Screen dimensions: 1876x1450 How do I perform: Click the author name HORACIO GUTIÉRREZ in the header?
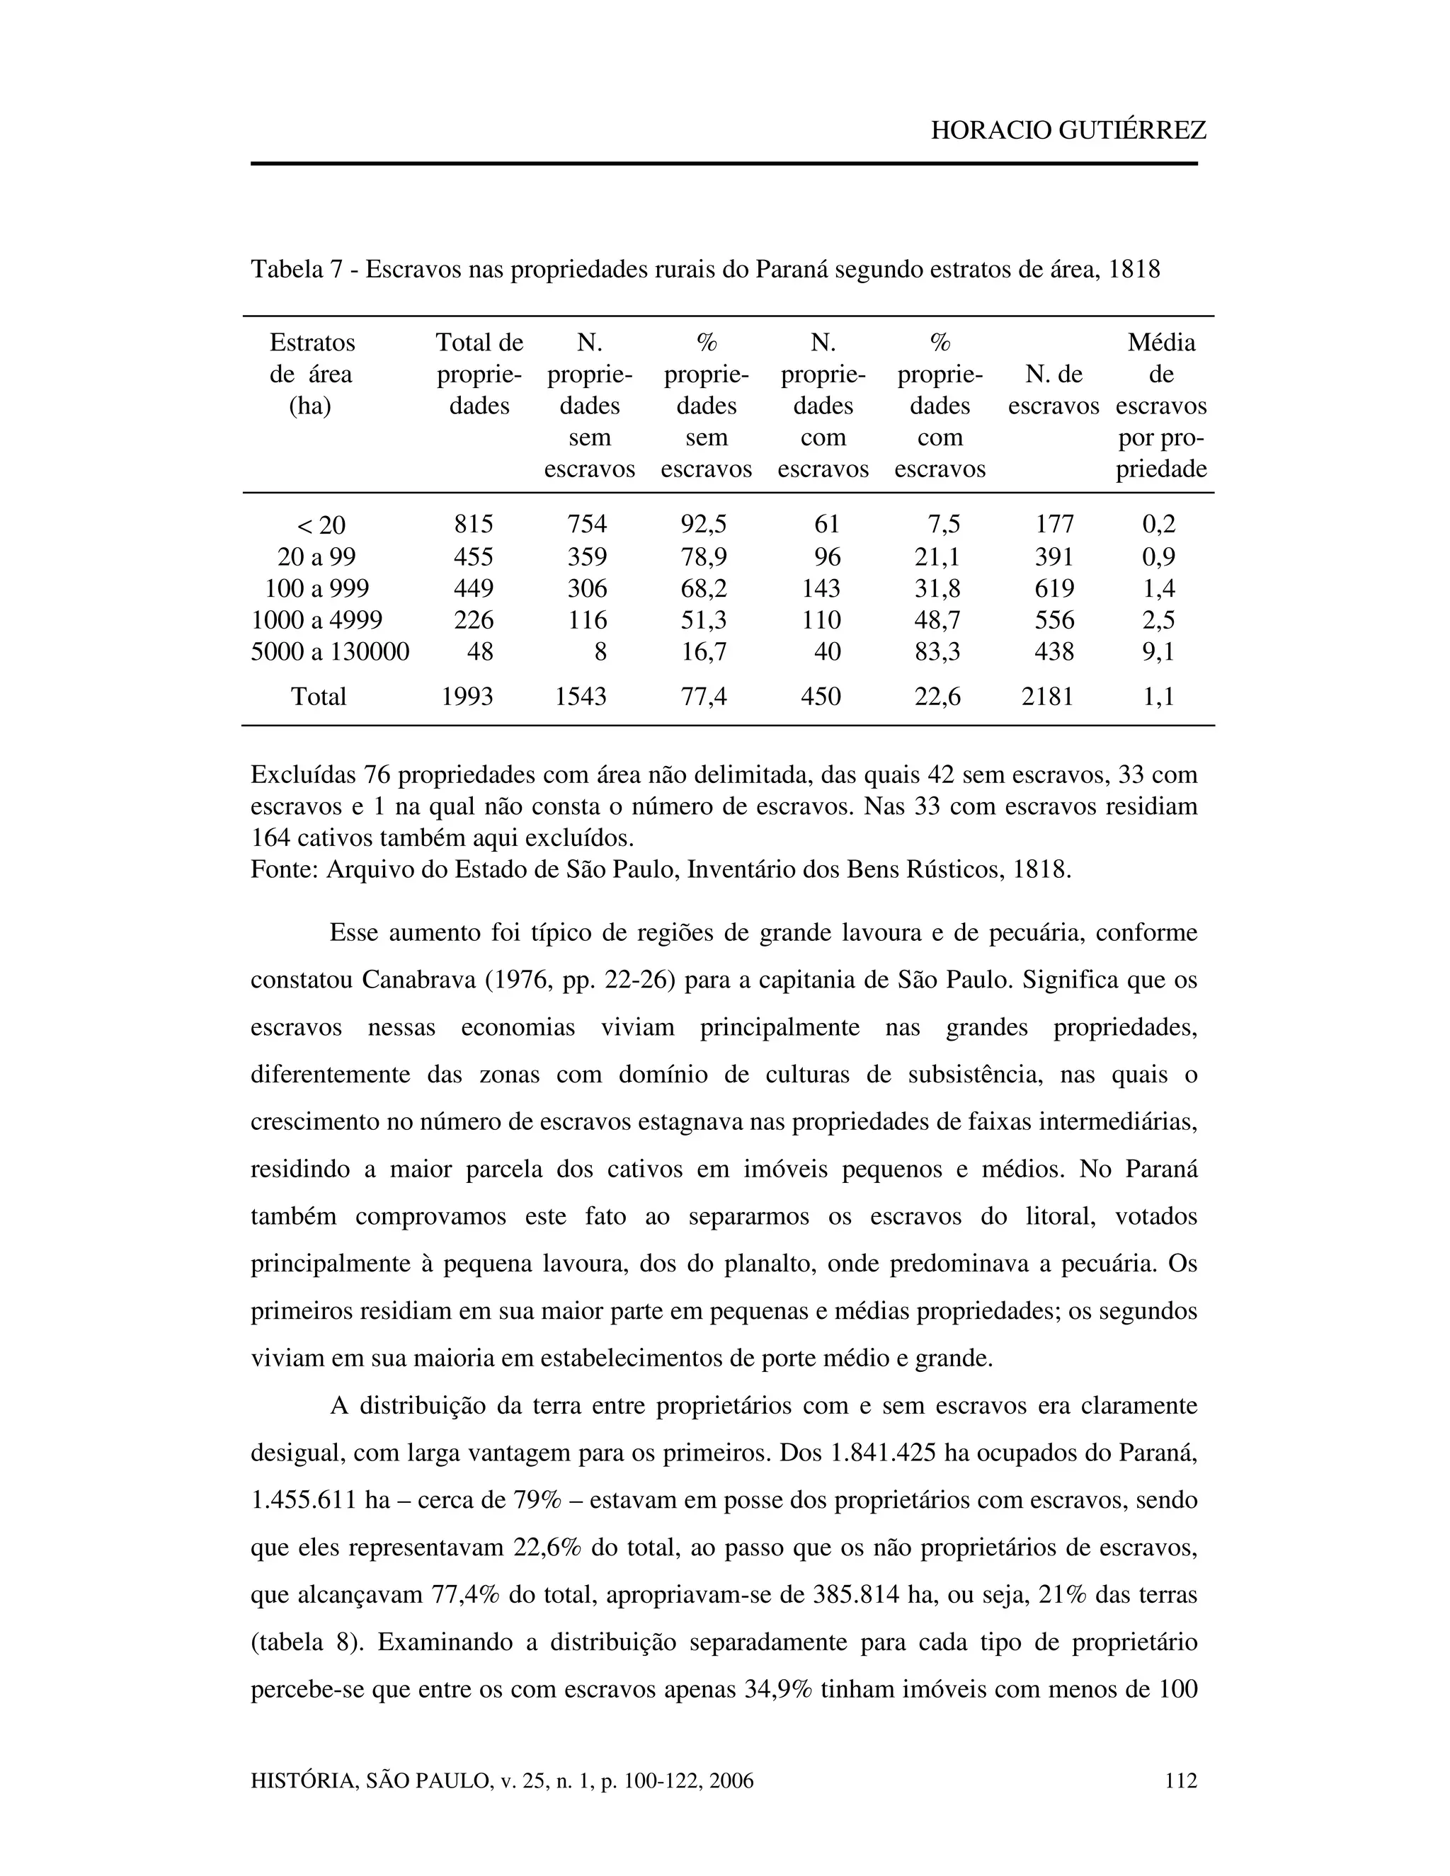pos(1068,130)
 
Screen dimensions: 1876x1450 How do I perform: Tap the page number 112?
pos(1180,1782)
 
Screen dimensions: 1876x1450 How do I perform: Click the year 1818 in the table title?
pos(1134,270)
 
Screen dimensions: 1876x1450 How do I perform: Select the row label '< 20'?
pos(319,525)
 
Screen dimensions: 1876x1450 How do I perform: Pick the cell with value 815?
pos(474,524)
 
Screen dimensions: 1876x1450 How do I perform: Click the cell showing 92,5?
pos(704,524)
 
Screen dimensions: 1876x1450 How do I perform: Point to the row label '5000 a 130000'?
pos(330,651)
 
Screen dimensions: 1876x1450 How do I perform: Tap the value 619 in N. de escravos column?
pos(1054,588)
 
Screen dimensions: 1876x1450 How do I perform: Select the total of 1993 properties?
pos(467,696)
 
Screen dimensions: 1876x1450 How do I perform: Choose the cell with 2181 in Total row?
pos(1047,696)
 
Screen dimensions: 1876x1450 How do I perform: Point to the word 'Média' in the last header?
pos(1160,343)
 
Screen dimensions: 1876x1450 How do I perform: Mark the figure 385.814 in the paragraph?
pos(855,1595)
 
